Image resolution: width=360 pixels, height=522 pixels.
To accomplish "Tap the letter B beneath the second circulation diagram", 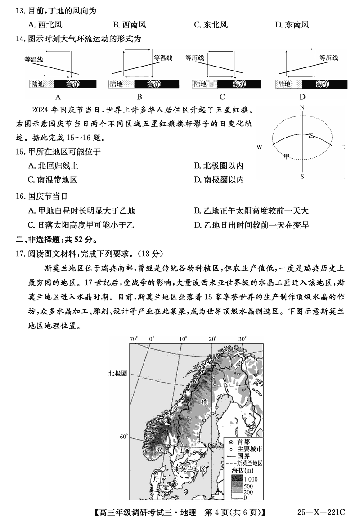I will pyautogui.click(x=139, y=97).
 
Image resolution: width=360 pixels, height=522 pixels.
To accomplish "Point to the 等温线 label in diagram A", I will pyautogui.click(x=34, y=58).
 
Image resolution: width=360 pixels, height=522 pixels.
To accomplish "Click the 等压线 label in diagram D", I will pyautogui.click(x=328, y=58).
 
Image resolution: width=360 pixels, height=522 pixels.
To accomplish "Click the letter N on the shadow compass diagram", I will pyautogui.click(x=302, y=108).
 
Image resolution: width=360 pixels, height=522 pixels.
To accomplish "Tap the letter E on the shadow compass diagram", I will pyautogui.click(x=342, y=147).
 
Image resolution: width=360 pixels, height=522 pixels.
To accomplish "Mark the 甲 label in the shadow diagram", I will pyautogui.click(x=287, y=156).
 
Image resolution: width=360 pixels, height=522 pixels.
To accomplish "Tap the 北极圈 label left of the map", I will pyautogui.click(x=117, y=373).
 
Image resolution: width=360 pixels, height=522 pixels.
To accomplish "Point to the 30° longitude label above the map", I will pyautogui.click(x=242, y=339).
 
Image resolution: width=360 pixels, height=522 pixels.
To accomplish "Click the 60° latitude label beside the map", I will pyautogui.click(x=124, y=437).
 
